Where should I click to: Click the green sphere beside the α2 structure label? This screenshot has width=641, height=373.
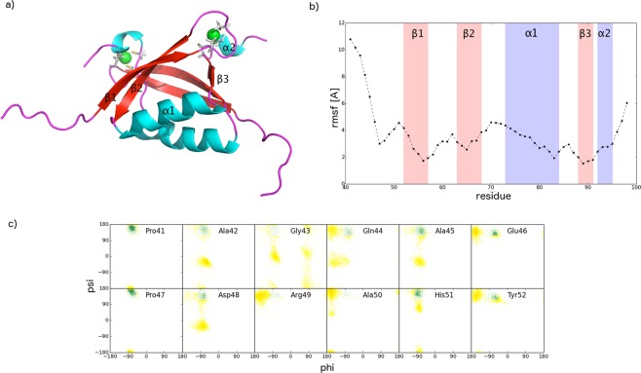(x=212, y=36)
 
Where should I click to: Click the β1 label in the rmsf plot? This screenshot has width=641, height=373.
(x=417, y=34)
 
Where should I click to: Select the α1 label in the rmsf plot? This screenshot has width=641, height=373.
(x=531, y=34)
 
